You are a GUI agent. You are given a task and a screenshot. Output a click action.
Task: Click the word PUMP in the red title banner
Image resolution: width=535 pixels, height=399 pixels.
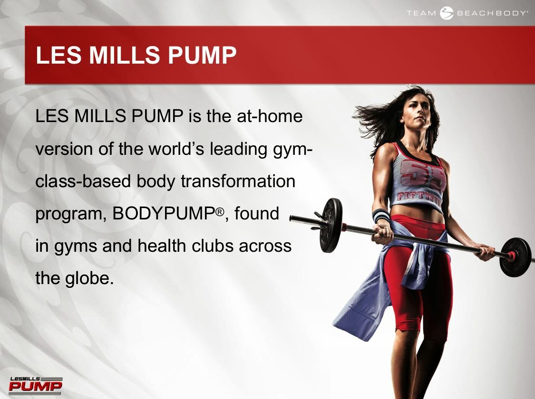tap(202, 55)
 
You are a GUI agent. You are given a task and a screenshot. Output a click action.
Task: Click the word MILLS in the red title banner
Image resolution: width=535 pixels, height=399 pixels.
tap(125, 55)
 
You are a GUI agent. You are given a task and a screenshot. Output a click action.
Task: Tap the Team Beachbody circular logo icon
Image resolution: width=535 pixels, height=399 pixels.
tap(446, 13)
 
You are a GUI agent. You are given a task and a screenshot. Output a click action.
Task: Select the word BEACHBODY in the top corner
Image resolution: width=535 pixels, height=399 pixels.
tap(491, 13)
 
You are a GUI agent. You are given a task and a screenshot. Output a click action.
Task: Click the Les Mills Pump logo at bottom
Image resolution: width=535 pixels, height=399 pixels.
tap(36, 385)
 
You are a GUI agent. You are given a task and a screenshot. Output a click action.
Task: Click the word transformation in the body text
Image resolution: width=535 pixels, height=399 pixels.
tap(238, 181)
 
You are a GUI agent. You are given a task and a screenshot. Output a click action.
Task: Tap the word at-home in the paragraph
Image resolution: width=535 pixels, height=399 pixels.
tap(270, 116)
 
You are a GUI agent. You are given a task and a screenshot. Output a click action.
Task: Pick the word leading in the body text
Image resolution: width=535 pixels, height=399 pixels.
tap(239, 149)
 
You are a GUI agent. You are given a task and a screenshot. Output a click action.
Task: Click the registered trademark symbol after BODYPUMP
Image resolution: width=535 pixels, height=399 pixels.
tap(220, 211)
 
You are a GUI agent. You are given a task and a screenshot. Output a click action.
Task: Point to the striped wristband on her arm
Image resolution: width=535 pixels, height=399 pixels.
tap(381, 215)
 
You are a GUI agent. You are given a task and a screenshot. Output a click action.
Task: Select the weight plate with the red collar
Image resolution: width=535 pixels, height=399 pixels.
tap(516, 257)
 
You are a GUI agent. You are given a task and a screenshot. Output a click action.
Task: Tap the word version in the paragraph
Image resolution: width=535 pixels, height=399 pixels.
tap(64, 149)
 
